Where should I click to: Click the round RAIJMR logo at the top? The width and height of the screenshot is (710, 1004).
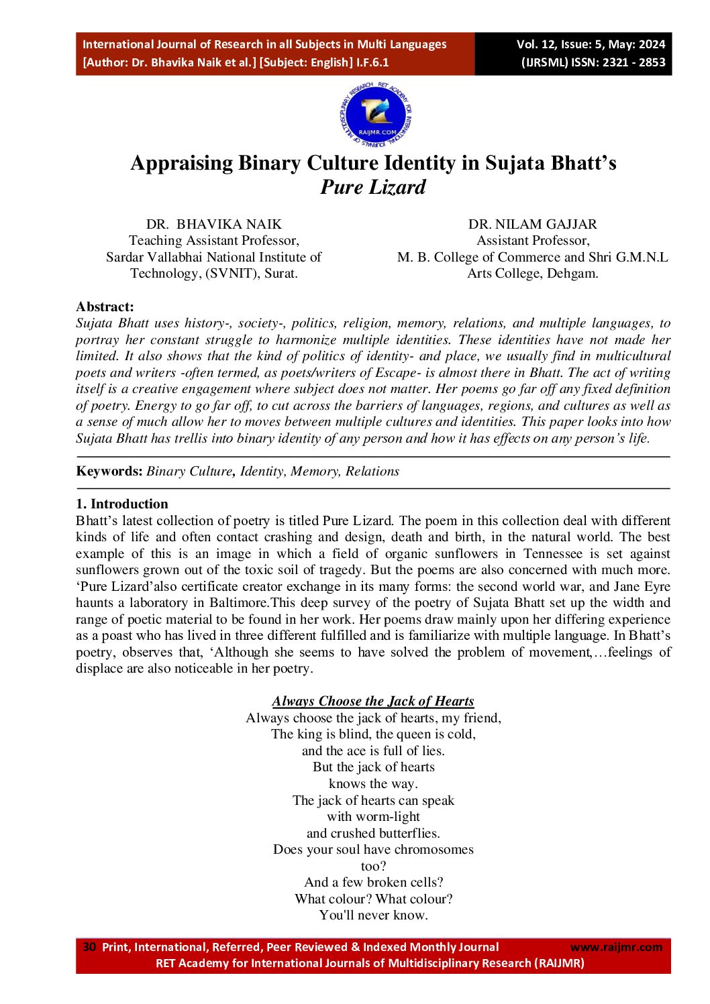tap(375, 115)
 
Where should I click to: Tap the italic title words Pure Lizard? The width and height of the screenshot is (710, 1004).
tap(373, 187)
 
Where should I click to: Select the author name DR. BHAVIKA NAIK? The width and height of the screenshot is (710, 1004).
tap(214, 224)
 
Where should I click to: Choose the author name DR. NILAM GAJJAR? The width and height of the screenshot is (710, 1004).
tap(532, 224)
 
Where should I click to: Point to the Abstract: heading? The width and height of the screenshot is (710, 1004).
tap(105, 306)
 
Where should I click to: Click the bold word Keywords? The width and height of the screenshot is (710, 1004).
tap(109, 471)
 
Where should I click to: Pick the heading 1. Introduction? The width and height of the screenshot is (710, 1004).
tap(122, 504)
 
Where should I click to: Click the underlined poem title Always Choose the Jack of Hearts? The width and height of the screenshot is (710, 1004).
tap(373, 701)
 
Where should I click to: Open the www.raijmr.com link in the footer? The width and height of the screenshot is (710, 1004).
tap(616, 947)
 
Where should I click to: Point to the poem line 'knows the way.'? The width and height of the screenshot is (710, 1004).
tap(373, 783)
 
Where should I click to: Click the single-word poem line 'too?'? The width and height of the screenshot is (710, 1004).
tap(373, 866)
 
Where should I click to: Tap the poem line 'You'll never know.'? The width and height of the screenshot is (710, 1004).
tap(373, 915)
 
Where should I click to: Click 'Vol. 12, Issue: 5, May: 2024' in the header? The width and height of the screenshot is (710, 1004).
tap(591, 44)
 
